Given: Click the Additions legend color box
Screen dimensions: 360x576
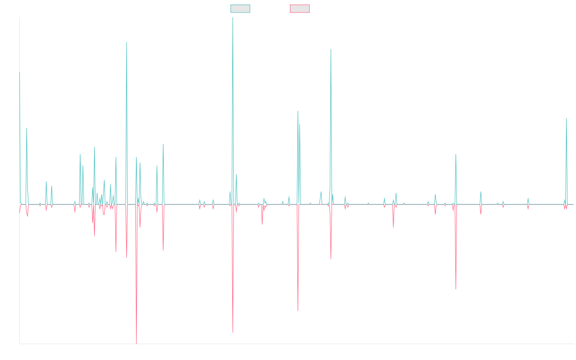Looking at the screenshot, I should (240, 9).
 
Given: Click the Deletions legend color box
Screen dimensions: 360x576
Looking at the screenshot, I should (300, 9).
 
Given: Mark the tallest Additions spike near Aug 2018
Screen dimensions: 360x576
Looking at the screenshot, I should (233, 18).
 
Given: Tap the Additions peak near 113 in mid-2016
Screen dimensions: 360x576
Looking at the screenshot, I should (127, 42).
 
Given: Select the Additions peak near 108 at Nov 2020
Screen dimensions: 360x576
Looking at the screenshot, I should (331, 49).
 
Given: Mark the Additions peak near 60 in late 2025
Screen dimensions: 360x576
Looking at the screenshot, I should (566, 118).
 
